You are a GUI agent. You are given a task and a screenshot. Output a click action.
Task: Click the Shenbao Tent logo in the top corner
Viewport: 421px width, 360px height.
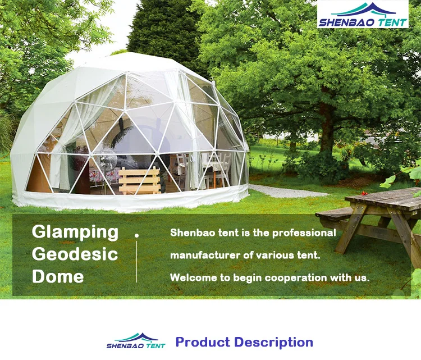pyautogui.click(x=363, y=14)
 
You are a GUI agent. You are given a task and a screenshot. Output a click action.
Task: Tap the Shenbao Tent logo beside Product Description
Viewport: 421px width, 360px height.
pyautogui.click(x=136, y=341)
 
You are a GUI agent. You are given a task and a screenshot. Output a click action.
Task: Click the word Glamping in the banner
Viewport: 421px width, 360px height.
pyautogui.click(x=75, y=233)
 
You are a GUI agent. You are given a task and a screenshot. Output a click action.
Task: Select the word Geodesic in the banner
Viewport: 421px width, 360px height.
pyautogui.click(x=75, y=254)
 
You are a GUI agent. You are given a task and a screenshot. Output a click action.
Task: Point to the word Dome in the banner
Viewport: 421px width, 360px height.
pyautogui.click(x=58, y=276)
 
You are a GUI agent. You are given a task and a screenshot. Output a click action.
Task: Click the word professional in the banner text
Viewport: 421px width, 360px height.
pyautogui.click(x=304, y=233)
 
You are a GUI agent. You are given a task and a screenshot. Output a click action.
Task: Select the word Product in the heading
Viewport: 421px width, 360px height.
pyautogui.click(x=203, y=342)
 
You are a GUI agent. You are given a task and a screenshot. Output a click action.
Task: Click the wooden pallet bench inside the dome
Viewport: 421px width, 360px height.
pyautogui.click(x=139, y=180)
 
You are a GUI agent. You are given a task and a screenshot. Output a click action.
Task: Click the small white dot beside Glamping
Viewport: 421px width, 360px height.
pyautogui.click(x=136, y=235)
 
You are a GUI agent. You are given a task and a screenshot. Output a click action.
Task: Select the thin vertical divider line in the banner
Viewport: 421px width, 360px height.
pyautogui.click(x=136, y=261)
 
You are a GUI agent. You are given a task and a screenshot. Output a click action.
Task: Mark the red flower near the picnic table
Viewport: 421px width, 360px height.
pyautogui.click(x=364, y=193)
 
